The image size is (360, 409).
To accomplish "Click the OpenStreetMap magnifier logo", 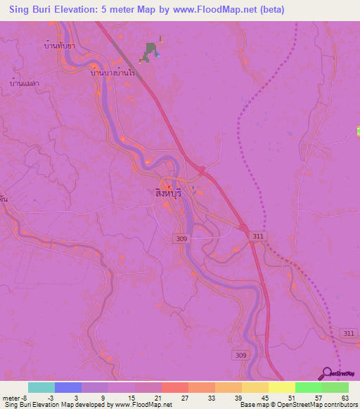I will tap(326, 374).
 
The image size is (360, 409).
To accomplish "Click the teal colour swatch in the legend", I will tap(41, 387).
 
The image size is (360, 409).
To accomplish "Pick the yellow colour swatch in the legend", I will tap(281, 387).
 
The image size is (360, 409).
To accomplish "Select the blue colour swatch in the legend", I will tap(67, 387).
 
